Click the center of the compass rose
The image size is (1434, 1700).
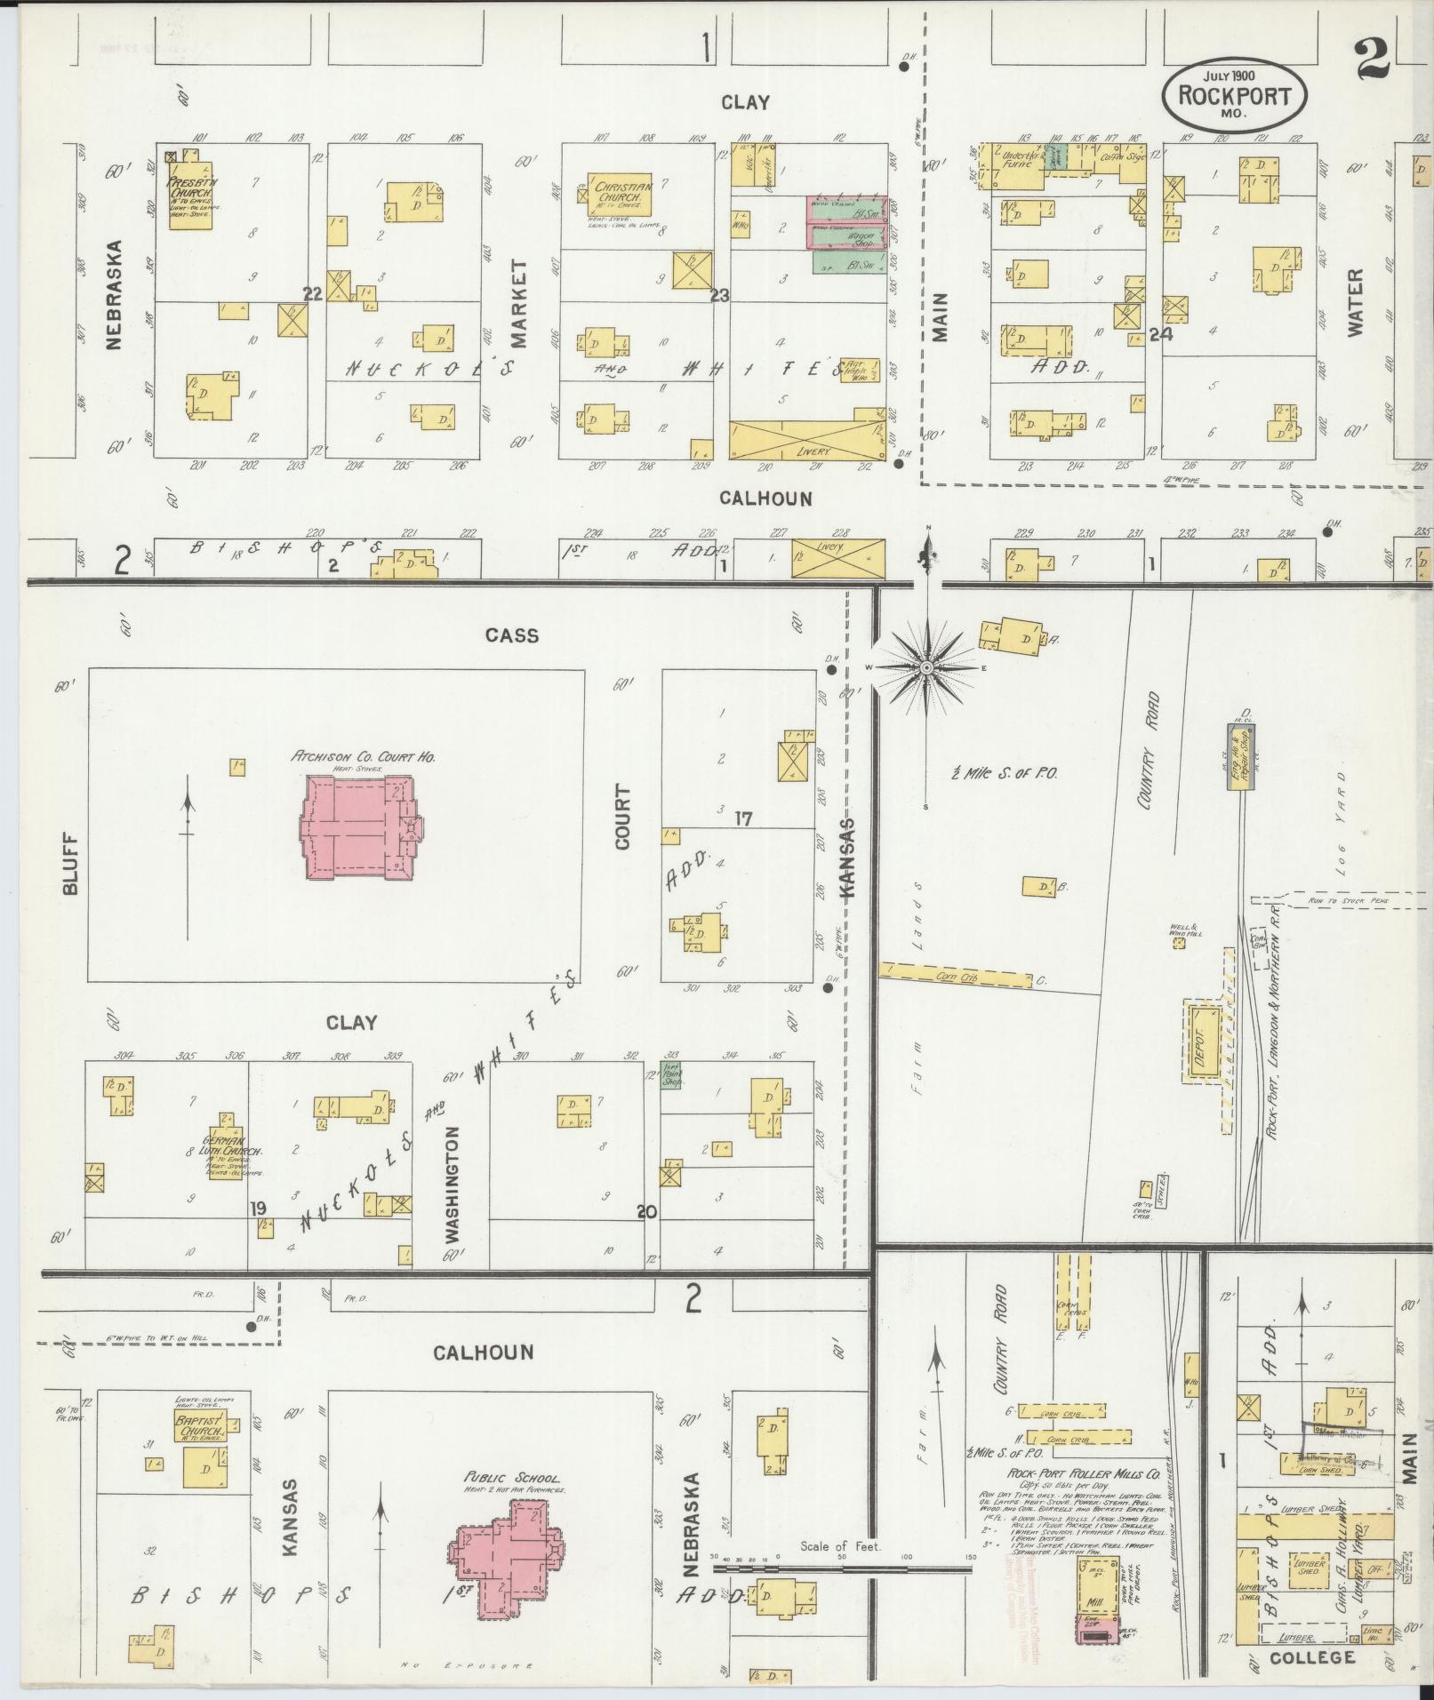[926, 667]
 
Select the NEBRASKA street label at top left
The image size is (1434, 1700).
[114, 294]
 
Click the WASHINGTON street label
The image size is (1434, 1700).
[453, 1184]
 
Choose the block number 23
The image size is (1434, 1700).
[719, 296]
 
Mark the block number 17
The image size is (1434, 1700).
[743, 819]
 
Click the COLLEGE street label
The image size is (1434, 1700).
[1312, 1657]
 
